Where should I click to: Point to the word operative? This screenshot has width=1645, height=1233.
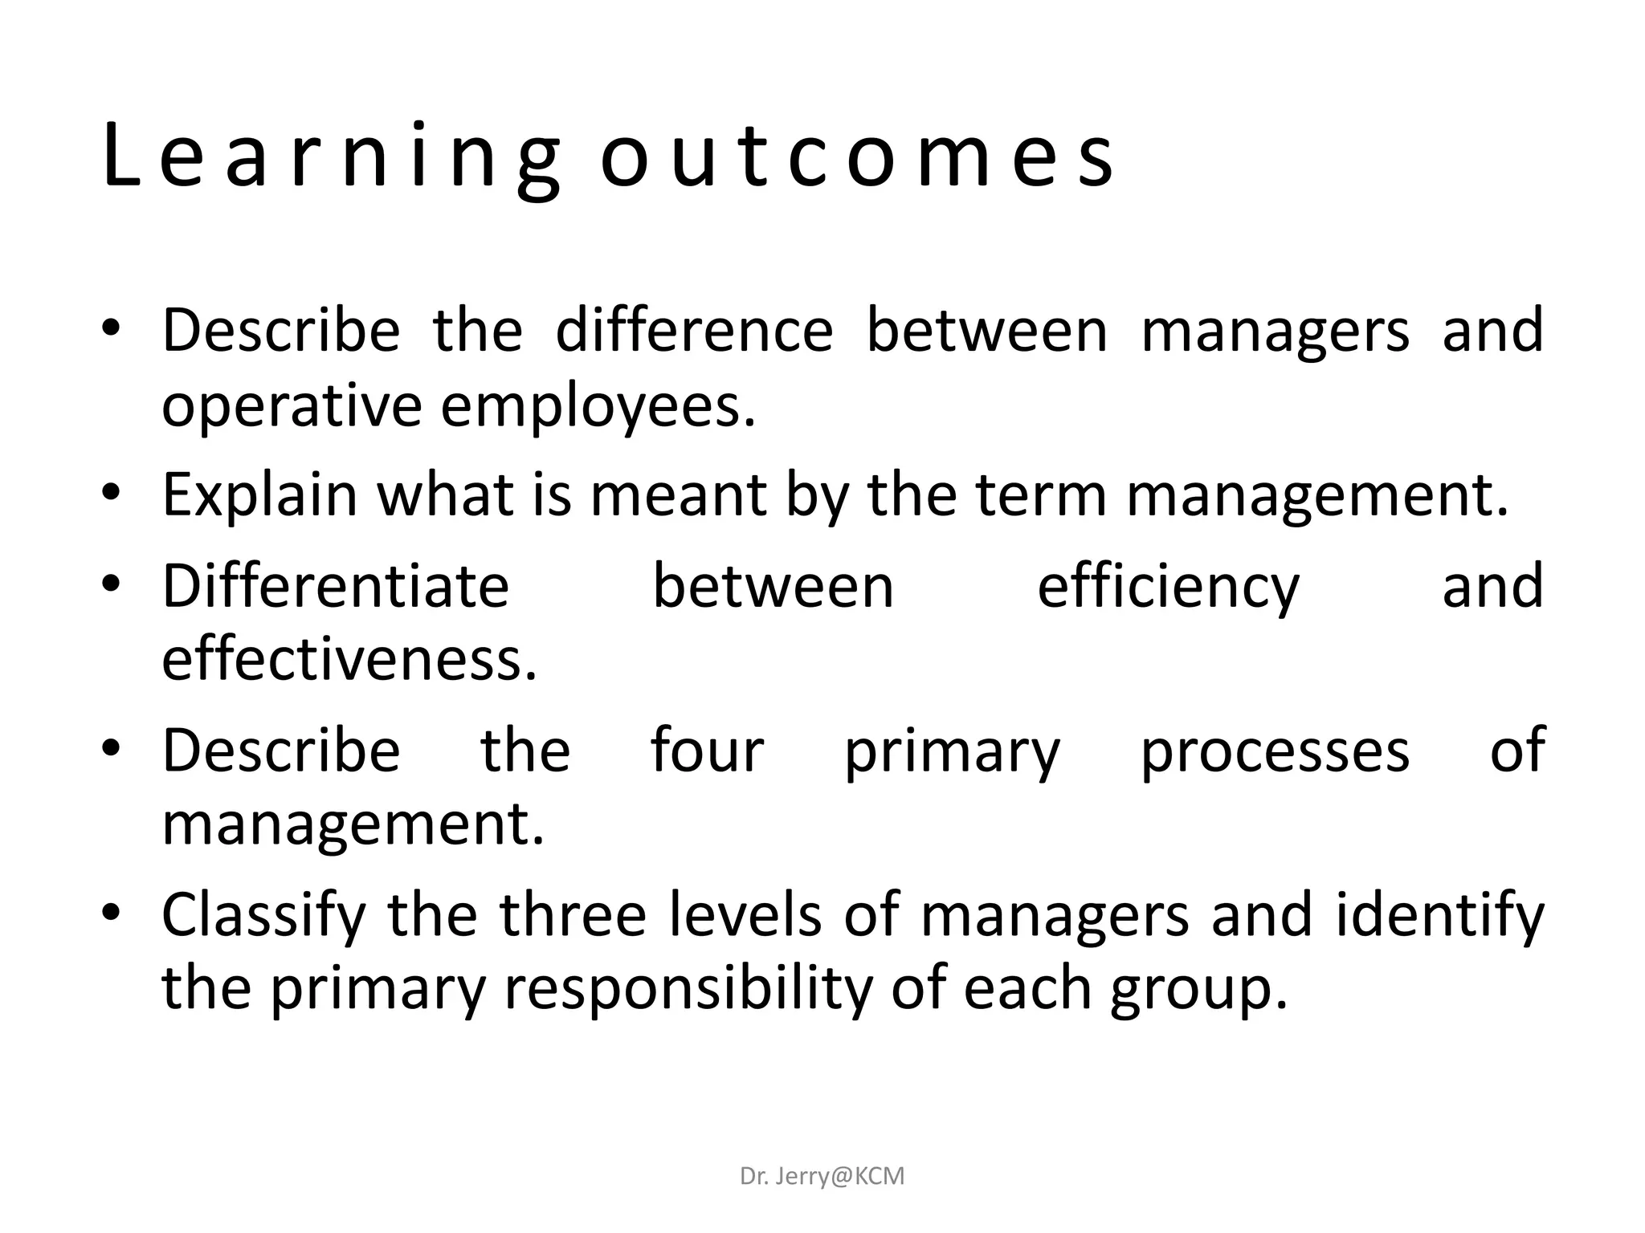pos(291,407)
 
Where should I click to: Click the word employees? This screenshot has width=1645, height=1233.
pos(598,407)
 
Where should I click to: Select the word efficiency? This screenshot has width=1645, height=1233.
pos(1168,588)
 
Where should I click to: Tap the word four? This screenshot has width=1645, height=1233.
pos(707,750)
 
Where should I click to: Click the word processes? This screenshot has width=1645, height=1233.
pos(1275,751)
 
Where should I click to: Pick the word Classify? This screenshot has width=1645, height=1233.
pos(264,916)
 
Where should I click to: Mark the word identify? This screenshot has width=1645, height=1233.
pos(1439,916)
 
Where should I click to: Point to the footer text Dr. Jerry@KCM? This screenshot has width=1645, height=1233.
pos(822,1177)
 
